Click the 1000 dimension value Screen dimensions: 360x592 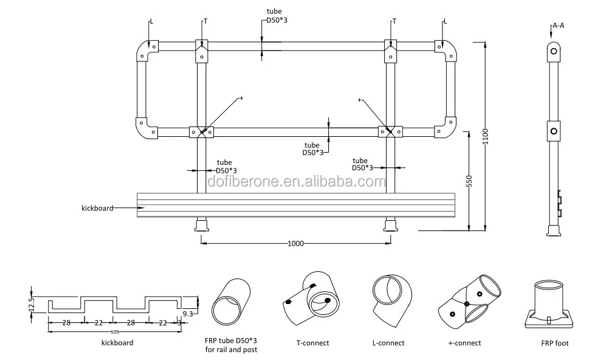(x=295, y=243)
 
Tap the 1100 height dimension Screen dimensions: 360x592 (x=485, y=137)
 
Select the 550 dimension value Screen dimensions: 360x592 (x=469, y=181)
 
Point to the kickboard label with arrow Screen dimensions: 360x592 (x=97, y=208)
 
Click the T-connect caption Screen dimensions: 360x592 (x=312, y=343)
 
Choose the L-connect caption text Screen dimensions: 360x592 (x=388, y=343)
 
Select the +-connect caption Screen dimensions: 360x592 (x=464, y=343)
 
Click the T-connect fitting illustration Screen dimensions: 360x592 (x=311, y=299)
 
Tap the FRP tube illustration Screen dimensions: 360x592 (x=231, y=302)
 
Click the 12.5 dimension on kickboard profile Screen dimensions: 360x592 (x=32, y=303)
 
